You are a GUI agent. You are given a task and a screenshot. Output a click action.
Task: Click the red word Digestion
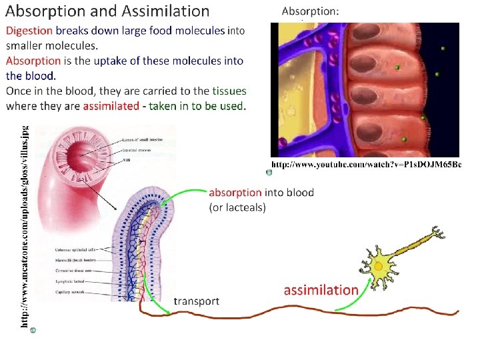coord(29,31)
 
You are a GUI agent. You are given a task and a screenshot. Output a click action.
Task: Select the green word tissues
coord(229,91)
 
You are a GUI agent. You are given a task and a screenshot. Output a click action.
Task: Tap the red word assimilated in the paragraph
coord(111,106)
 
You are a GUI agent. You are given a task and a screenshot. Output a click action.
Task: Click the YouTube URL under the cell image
coord(366,164)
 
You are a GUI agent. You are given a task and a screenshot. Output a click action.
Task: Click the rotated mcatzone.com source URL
coord(23,227)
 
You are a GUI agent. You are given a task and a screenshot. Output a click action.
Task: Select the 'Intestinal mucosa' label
coord(142,151)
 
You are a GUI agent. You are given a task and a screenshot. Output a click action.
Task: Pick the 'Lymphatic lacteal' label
coord(71,282)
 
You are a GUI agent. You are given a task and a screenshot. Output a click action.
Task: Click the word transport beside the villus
coord(196,301)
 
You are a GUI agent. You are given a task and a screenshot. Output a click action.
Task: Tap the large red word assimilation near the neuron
coord(321,290)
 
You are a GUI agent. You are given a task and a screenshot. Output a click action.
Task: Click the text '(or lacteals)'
coord(237,207)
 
